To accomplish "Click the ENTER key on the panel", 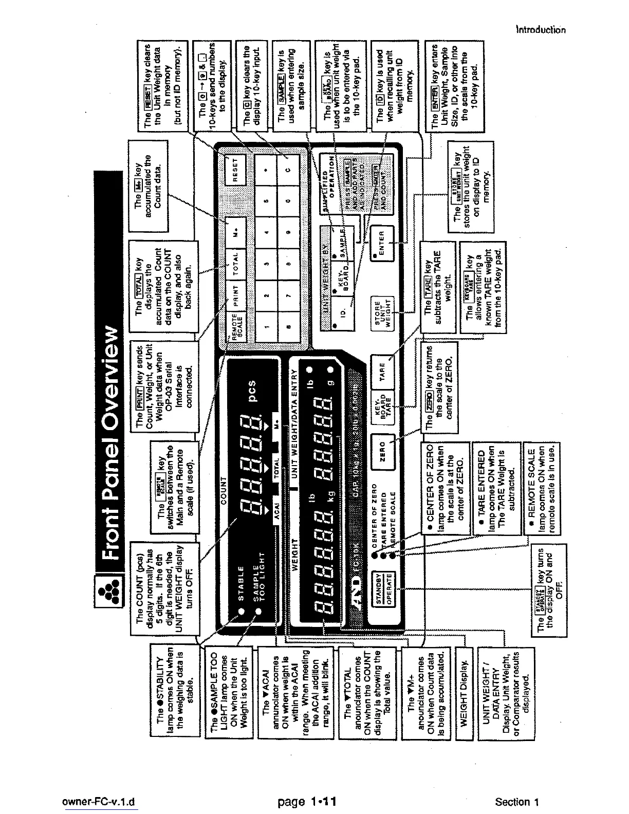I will click(x=381, y=240).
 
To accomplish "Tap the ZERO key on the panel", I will click(x=381, y=445).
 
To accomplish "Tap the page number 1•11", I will click(x=306, y=801).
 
